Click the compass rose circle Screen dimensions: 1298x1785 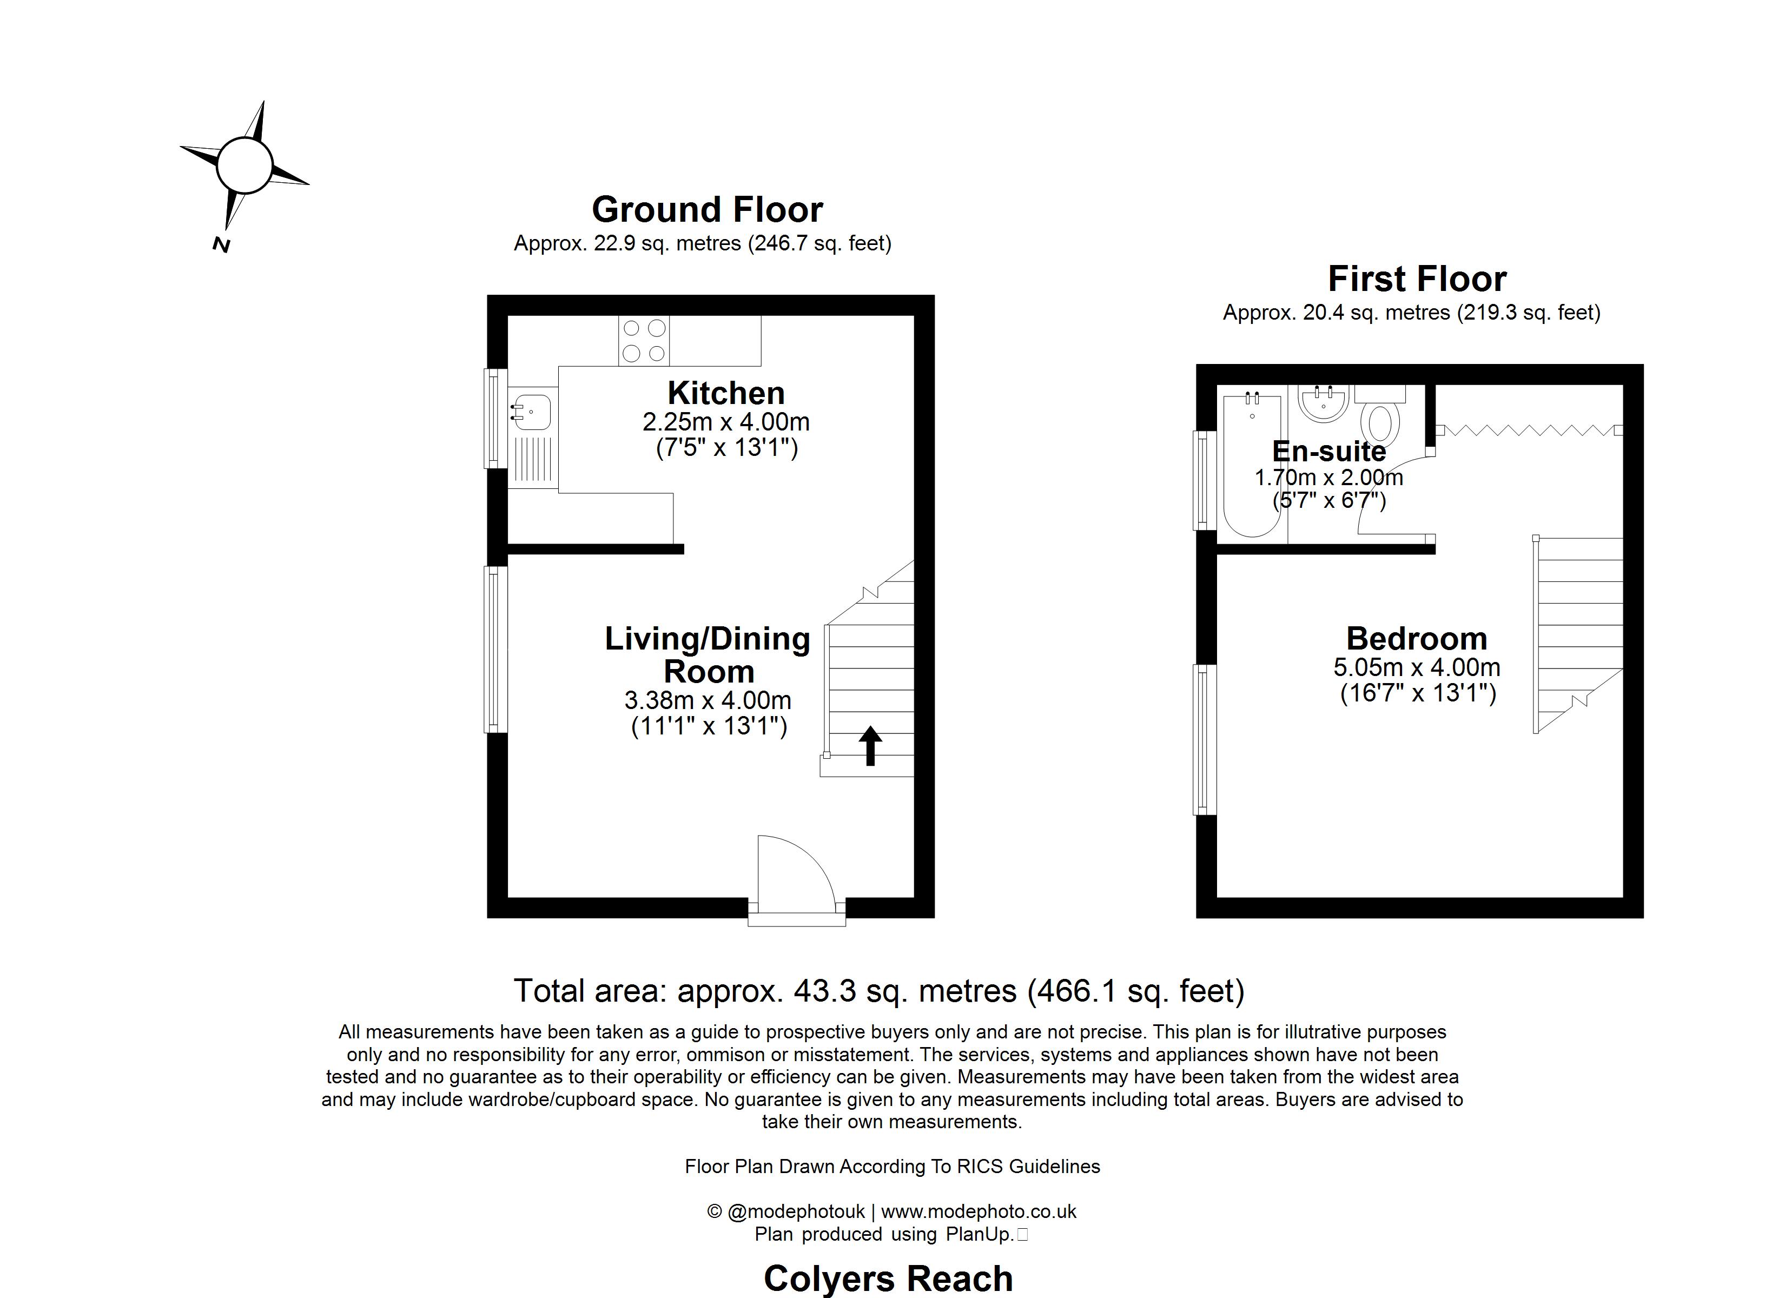pos(244,165)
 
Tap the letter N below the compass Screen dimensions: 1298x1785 pos(221,246)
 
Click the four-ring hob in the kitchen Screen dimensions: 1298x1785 pos(644,341)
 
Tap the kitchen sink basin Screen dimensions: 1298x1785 pos(532,412)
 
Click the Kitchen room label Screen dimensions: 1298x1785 pos(726,393)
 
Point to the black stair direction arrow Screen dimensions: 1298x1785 pos(870,745)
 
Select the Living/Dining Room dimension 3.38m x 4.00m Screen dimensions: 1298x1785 pos(708,700)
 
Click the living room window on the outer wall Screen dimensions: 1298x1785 pos(495,650)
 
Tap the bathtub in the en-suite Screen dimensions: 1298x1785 pos(1252,466)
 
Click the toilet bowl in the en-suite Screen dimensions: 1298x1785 pos(1383,423)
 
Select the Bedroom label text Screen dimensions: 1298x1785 pos(1417,638)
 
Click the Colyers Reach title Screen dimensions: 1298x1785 pos(888,1279)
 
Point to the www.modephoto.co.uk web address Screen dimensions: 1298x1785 pos(979,1211)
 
